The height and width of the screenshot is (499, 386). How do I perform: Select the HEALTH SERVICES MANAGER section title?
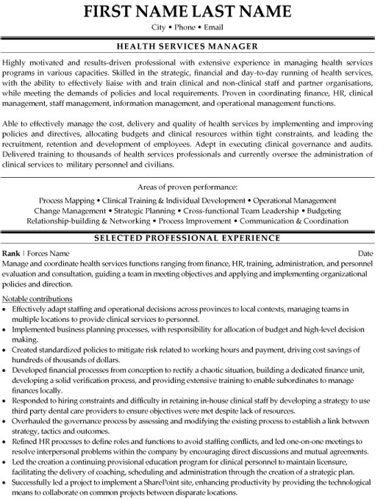tap(193, 46)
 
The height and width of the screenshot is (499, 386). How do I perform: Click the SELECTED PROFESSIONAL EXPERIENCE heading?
tap(193, 238)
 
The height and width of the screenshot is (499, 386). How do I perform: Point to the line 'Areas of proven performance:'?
tap(193, 187)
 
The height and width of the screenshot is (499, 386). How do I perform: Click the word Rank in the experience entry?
tap(13, 254)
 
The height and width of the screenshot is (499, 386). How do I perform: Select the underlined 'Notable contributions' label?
tap(37, 299)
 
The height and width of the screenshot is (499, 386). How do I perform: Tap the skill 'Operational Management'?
tap(294, 200)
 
